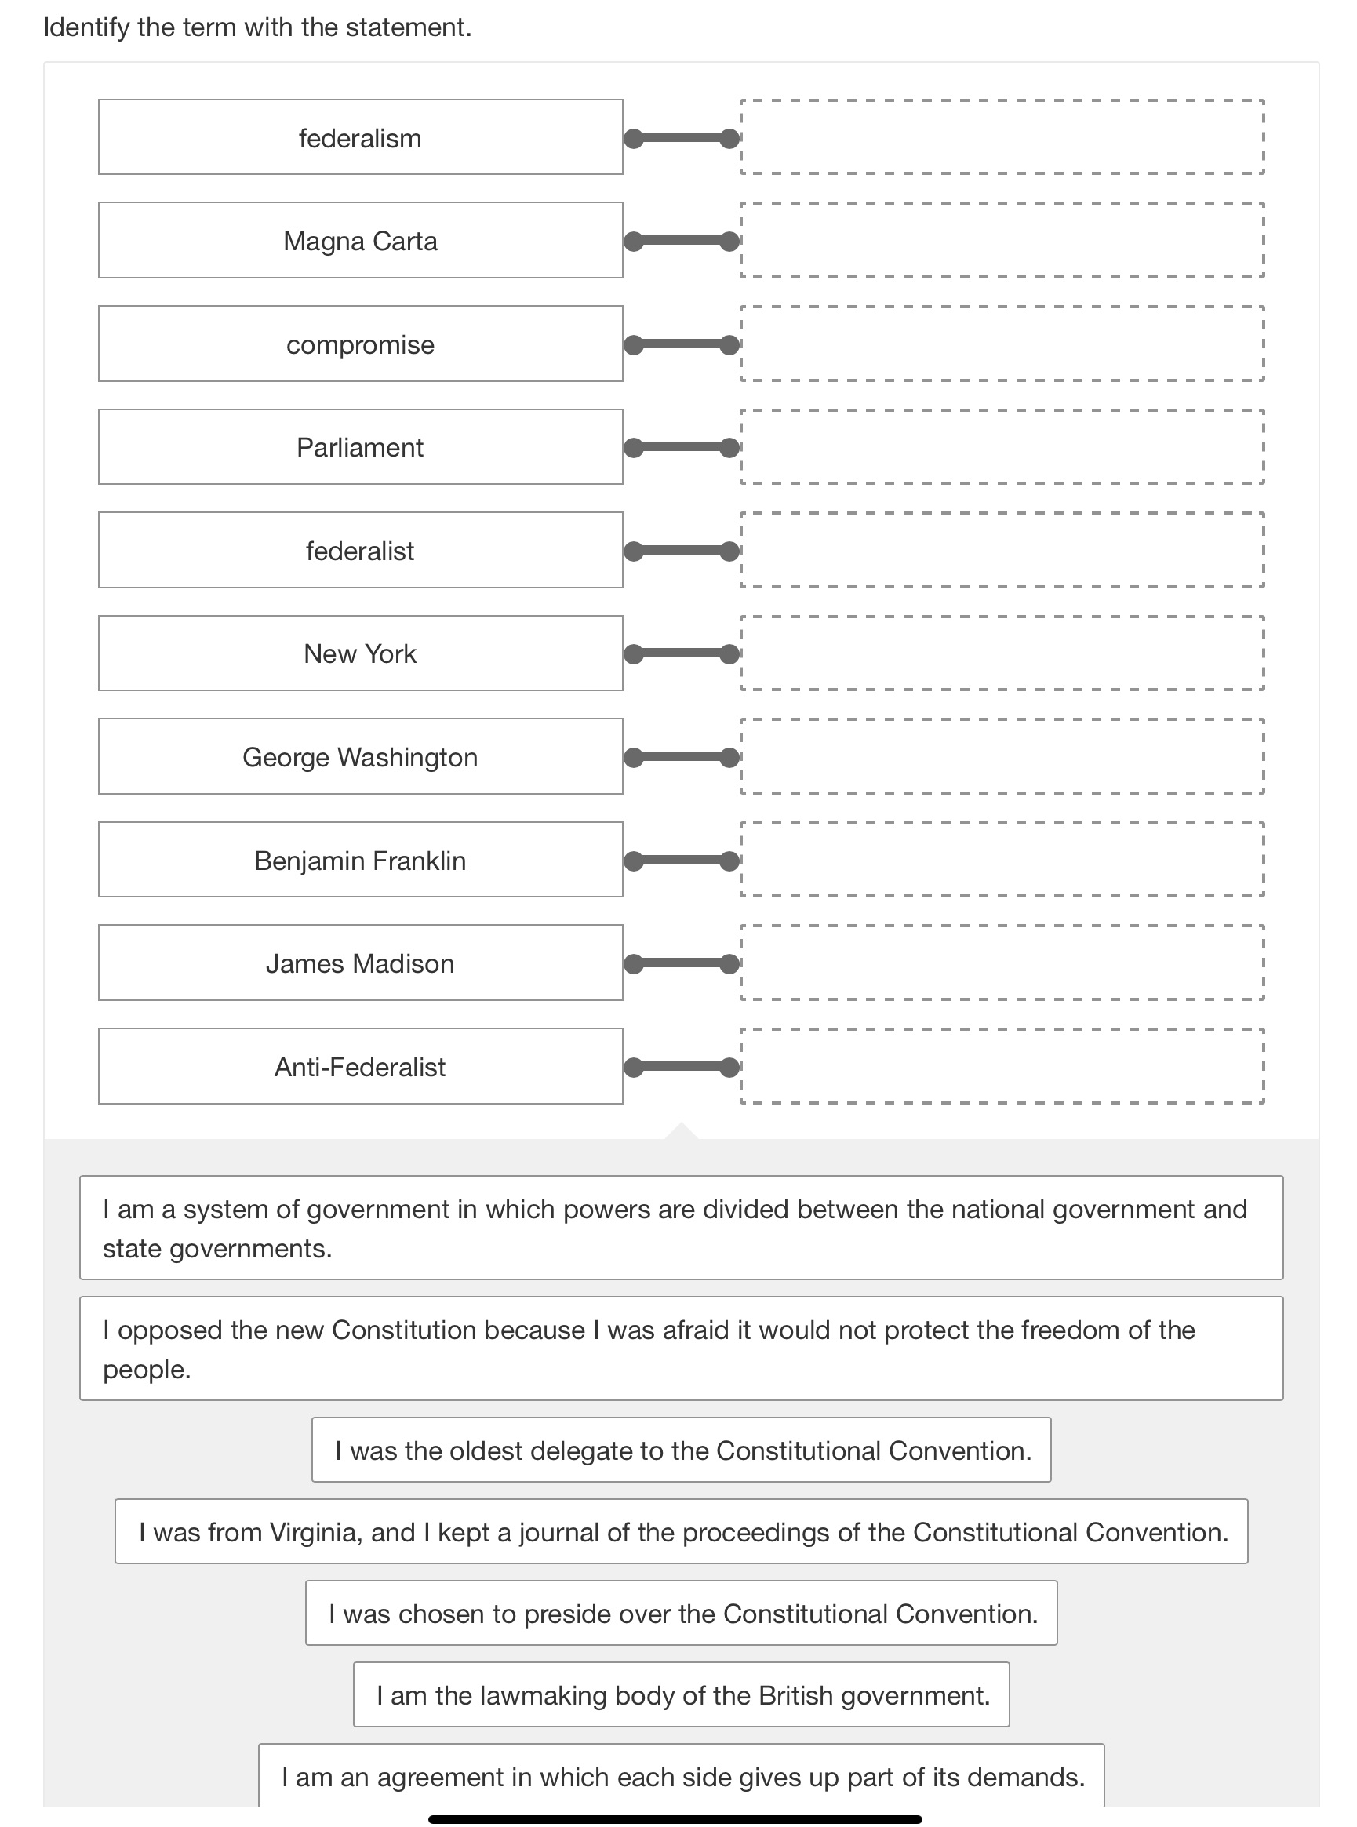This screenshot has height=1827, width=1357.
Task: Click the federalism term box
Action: pos(360,137)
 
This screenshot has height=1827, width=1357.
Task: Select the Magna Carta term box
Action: pos(360,241)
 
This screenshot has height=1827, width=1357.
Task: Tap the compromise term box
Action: pos(360,344)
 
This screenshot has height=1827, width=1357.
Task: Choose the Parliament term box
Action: pos(360,447)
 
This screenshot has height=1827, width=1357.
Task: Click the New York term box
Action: pos(360,653)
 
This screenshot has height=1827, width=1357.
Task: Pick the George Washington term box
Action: pos(360,756)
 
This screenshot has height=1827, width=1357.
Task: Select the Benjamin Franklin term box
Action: pos(360,860)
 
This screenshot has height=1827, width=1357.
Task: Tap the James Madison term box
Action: pos(360,963)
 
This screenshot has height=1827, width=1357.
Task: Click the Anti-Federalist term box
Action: pos(360,1066)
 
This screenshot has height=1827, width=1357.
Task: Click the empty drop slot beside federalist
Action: pos(1002,550)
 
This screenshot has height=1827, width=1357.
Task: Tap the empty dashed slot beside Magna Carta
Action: pos(1002,240)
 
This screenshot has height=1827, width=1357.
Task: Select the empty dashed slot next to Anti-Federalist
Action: pos(1002,1065)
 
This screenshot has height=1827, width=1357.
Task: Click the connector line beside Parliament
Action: pos(681,448)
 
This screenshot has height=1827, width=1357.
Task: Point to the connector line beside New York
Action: pos(681,654)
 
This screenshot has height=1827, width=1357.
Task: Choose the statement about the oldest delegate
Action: pos(681,1450)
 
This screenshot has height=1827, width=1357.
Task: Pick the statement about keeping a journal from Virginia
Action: pos(681,1531)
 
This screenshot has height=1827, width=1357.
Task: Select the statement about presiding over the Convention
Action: pos(681,1614)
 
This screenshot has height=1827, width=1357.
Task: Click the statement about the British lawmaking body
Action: pos(681,1694)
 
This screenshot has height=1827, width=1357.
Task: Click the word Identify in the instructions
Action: pos(86,27)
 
